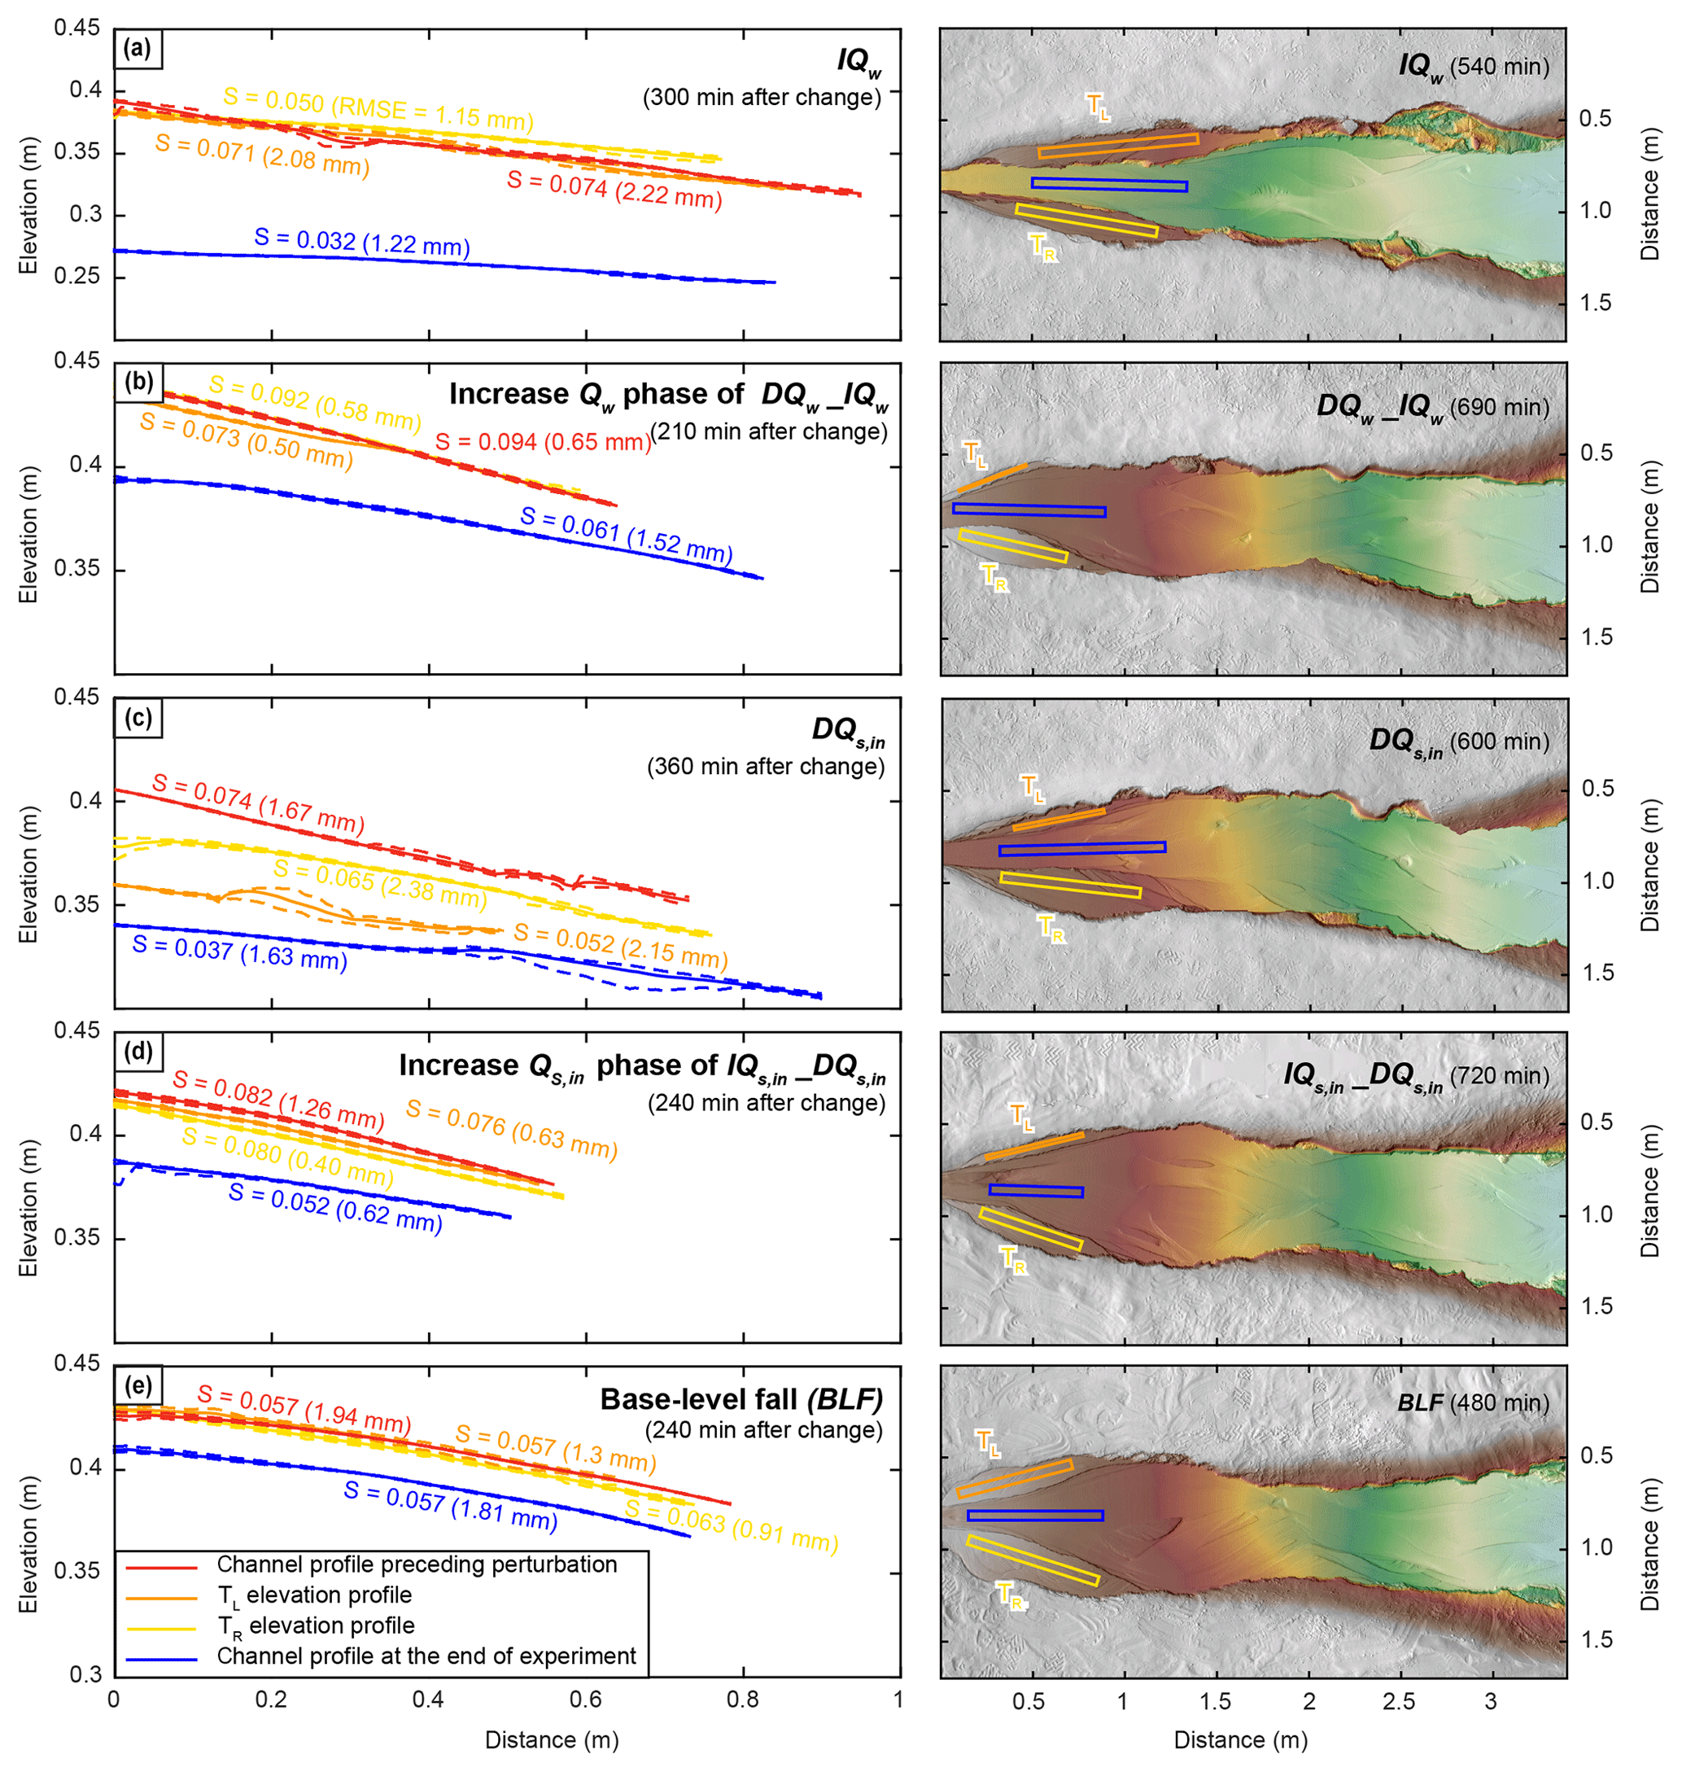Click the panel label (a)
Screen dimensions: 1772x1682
tap(138, 48)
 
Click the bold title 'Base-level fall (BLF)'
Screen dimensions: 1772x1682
tap(741, 1400)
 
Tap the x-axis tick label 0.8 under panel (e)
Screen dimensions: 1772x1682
tap(742, 1700)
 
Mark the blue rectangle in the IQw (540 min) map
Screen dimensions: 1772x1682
tap(1109, 185)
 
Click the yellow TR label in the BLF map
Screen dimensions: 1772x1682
tap(1011, 1595)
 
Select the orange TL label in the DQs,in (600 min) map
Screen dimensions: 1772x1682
tap(1033, 788)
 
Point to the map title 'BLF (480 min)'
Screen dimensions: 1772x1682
tap(1473, 1403)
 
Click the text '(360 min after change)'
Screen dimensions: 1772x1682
tap(766, 767)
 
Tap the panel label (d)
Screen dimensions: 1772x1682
tap(138, 1051)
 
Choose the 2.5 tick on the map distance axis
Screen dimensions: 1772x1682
tap(1399, 1702)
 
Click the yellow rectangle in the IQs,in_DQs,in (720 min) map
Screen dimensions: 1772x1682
tap(1031, 1229)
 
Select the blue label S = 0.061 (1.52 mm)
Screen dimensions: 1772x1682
tap(626, 536)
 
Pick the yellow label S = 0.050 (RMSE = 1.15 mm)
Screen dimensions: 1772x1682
tap(378, 108)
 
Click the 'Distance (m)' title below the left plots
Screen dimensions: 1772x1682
tap(552, 1739)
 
